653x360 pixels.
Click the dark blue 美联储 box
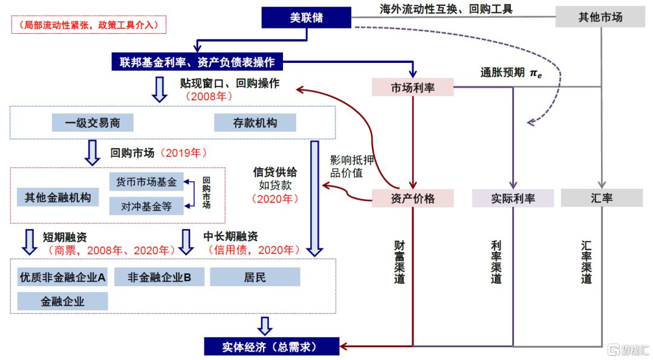(x=307, y=17)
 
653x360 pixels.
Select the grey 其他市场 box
(x=600, y=17)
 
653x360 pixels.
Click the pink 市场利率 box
(x=412, y=88)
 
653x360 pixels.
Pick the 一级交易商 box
(x=93, y=123)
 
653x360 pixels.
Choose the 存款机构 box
(x=255, y=123)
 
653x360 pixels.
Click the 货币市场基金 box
(x=146, y=182)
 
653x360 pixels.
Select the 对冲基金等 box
(x=146, y=206)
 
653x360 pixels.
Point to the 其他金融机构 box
(x=57, y=197)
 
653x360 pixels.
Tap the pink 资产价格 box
(x=412, y=198)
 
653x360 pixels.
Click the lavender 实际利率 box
(x=513, y=198)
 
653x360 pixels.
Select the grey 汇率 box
(x=602, y=198)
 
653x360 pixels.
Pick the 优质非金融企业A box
(x=62, y=277)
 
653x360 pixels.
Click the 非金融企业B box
(x=160, y=277)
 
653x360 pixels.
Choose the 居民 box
(x=255, y=277)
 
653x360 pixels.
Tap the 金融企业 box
(x=62, y=301)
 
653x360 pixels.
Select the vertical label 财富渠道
(x=399, y=261)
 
